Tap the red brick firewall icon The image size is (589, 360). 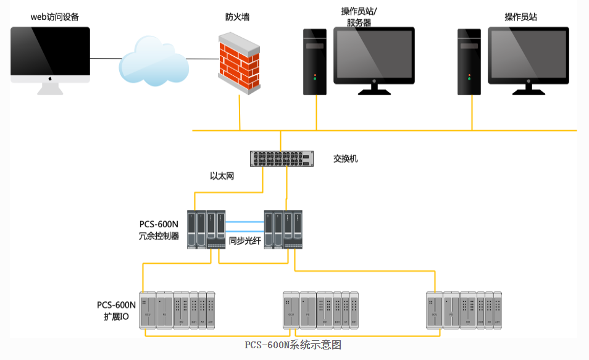239,64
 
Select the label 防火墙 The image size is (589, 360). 237,18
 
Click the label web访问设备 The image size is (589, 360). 55,17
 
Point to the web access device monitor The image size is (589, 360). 50,54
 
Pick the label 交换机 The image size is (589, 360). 345,159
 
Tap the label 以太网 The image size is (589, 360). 222,177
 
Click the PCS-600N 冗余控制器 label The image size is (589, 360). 159,230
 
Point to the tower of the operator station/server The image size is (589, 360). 314,62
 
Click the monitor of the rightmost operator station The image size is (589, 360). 528,56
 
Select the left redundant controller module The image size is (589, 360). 206,230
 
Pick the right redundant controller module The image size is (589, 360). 283,230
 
